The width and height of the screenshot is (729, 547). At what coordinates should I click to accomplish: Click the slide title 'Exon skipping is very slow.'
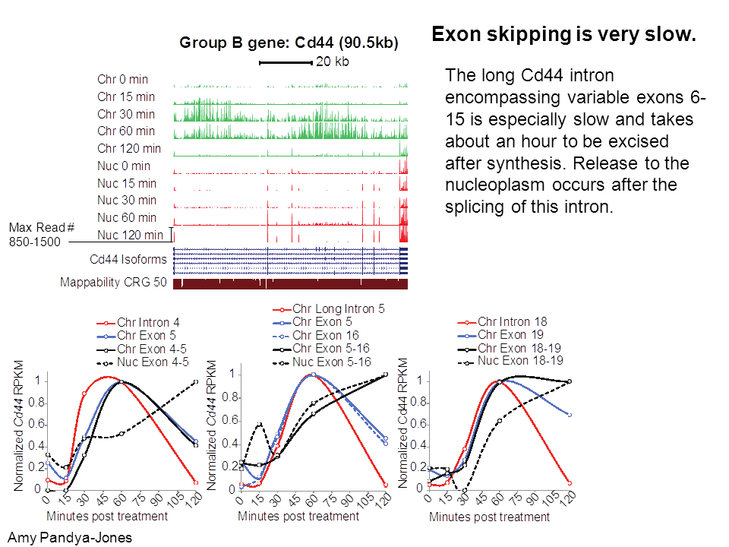pos(563,34)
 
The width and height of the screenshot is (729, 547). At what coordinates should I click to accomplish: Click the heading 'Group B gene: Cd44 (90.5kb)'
pos(289,43)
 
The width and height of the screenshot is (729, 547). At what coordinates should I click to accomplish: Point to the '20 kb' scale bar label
pos(332,62)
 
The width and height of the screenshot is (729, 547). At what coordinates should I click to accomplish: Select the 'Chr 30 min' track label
pos(126,114)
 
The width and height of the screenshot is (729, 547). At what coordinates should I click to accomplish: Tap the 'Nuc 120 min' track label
pos(130,235)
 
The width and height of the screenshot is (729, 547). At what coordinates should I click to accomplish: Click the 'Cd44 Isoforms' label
pos(128,259)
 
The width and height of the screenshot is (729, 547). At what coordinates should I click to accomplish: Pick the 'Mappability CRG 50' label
pos(113,283)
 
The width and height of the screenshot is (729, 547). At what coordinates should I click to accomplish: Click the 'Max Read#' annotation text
pos(41,227)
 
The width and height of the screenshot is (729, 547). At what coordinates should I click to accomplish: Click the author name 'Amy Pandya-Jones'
pos(70,538)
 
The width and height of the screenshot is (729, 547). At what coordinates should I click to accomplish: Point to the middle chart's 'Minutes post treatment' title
pos(298,517)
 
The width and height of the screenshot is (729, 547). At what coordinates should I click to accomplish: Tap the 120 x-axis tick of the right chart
pos(567,498)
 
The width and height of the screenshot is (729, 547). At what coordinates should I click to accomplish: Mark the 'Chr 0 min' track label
pos(123,80)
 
